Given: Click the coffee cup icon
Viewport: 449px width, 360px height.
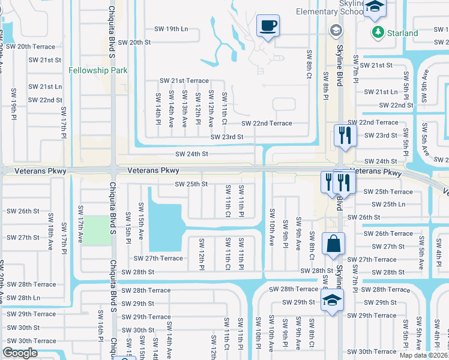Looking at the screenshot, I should point(268,26).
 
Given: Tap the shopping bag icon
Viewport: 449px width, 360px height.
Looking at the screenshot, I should point(333,244).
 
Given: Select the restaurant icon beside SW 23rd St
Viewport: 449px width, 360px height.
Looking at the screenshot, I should point(345,135).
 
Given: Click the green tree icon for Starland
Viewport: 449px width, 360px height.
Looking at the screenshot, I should point(378,32).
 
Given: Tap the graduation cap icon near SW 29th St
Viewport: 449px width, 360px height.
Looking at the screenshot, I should point(331,301).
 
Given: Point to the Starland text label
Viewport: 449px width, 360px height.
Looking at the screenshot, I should point(403,33).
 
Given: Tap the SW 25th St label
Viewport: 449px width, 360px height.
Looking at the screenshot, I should point(191,184).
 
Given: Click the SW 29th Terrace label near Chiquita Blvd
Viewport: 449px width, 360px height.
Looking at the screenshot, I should point(146,317).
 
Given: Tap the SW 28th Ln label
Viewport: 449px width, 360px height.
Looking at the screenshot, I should point(24,298).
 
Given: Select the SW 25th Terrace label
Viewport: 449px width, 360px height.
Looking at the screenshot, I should point(388,191).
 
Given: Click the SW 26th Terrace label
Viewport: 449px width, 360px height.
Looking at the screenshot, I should point(388,233).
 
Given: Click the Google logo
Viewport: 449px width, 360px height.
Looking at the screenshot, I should point(20,353).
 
